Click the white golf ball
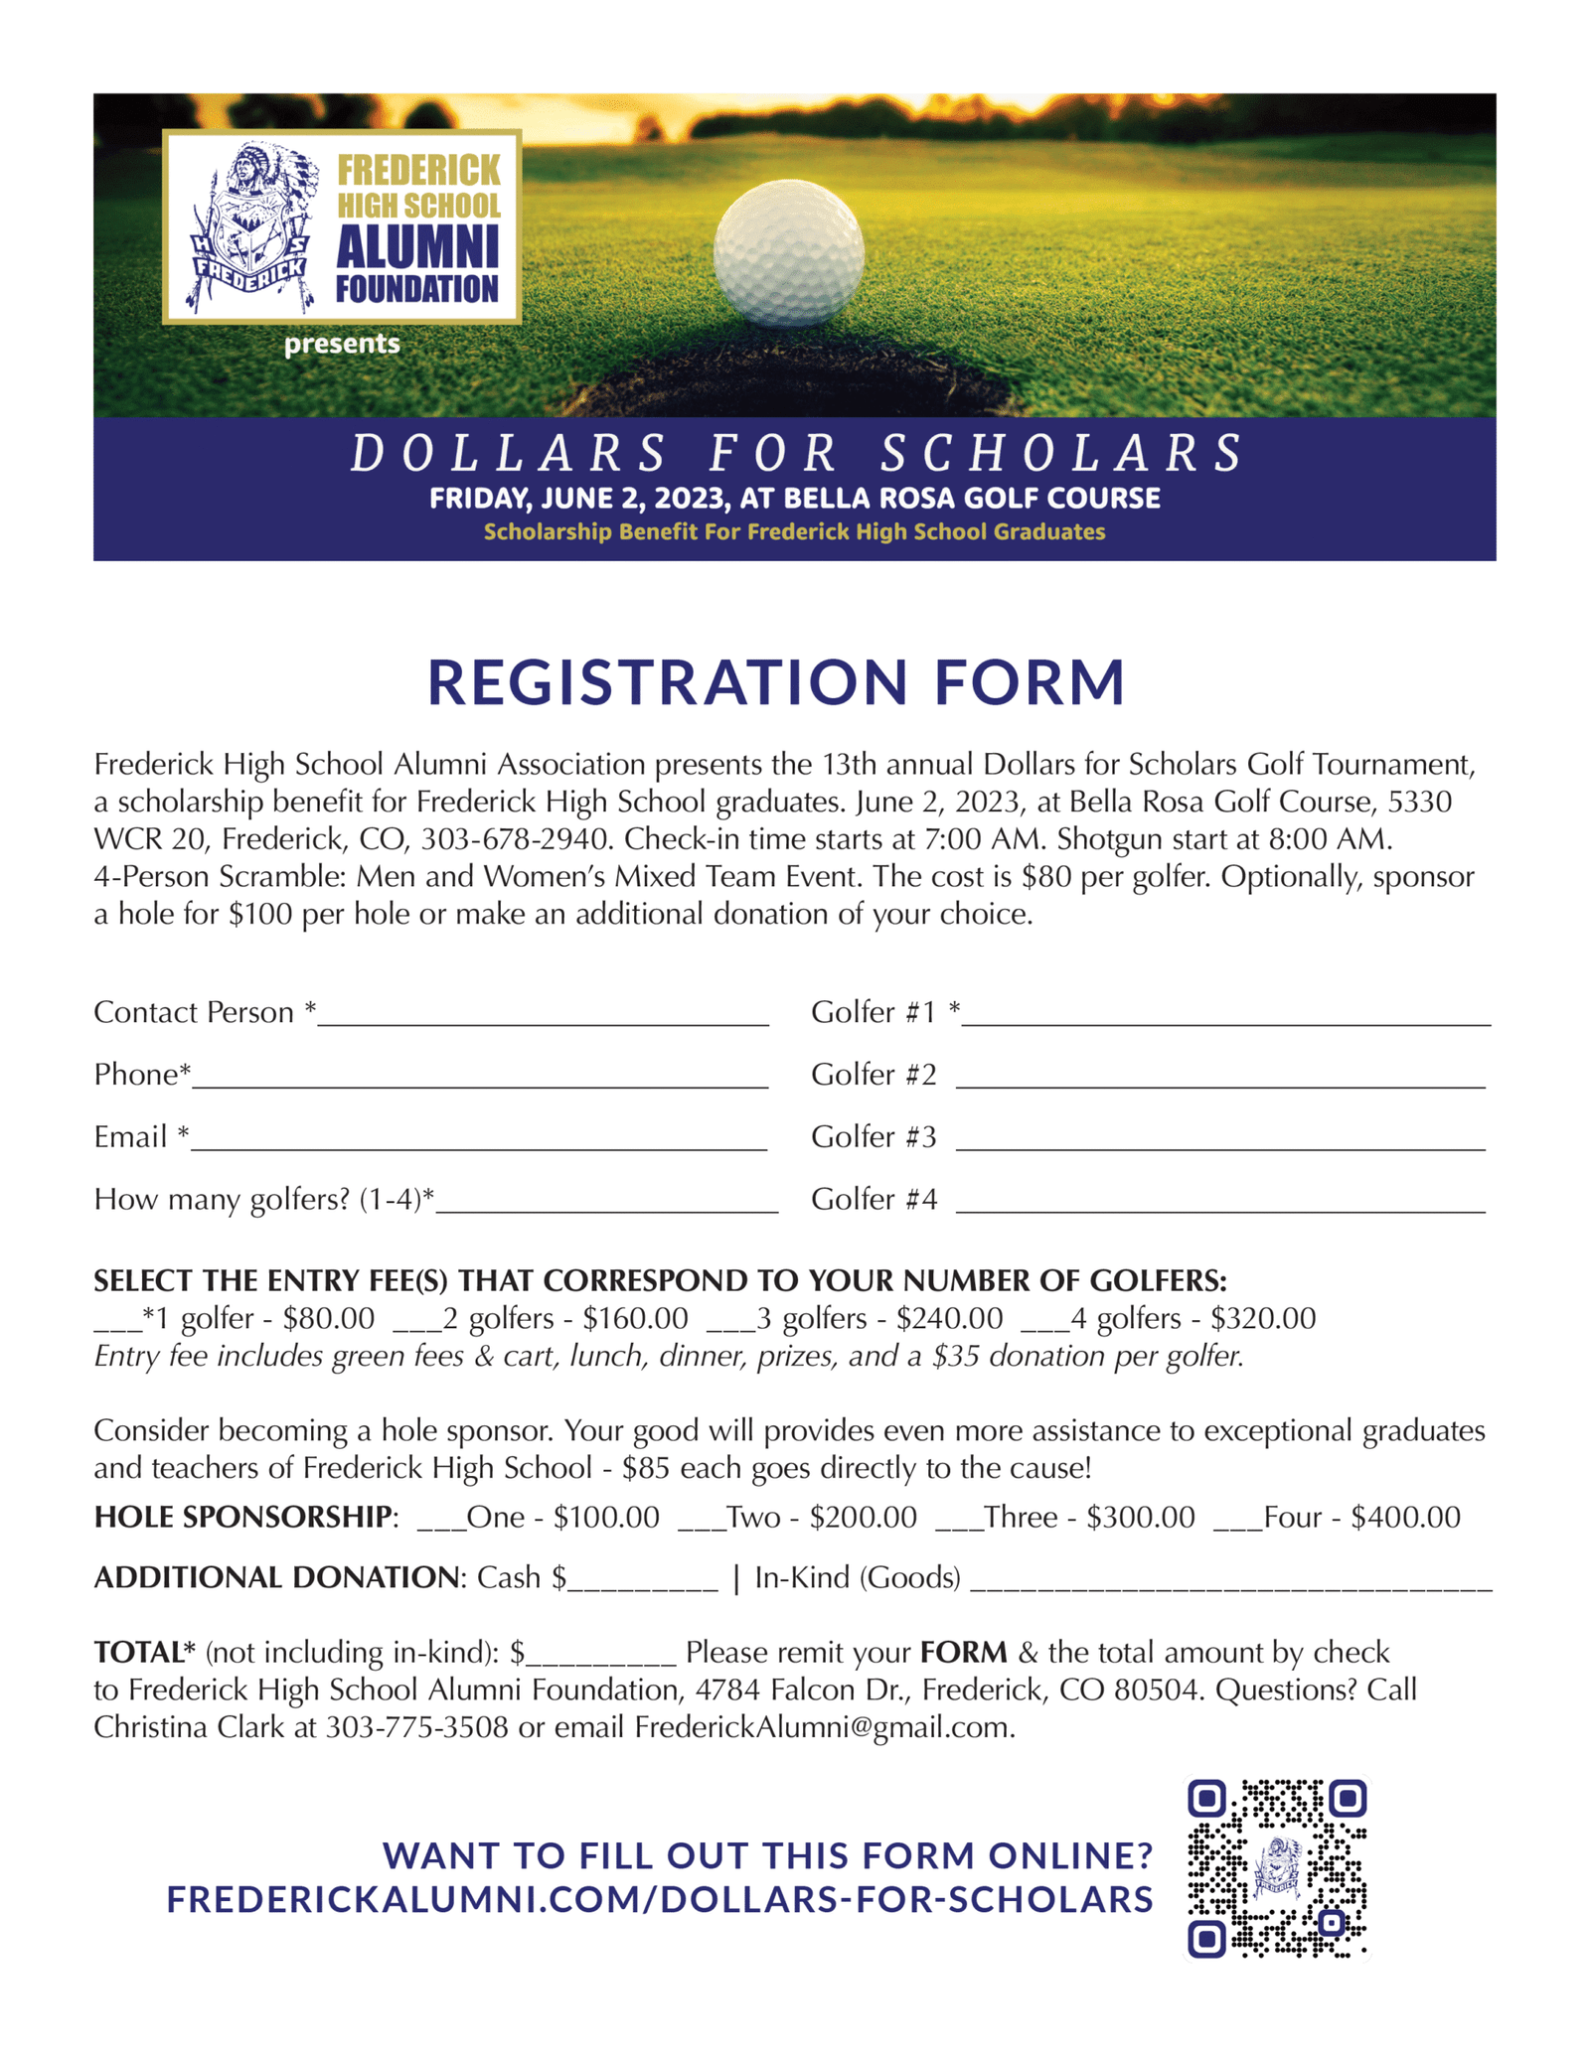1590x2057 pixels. click(788, 253)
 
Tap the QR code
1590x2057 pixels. click(1277, 1867)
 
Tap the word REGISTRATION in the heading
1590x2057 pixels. click(667, 682)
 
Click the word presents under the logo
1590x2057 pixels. click(342, 345)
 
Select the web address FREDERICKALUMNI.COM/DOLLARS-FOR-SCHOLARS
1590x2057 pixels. click(660, 1899)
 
